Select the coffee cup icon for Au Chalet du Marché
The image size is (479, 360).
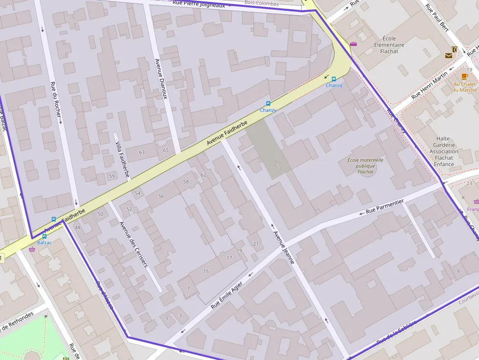(464, 77)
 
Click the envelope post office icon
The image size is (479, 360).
(449, 56)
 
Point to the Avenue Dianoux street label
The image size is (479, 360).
(161, 79)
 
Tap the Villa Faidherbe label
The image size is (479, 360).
(122, 156)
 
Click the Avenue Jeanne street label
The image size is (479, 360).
(284, 247)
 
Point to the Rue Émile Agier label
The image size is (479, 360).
(227, 296)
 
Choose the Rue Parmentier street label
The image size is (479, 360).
(385, 207)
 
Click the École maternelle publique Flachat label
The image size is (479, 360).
(366, 166)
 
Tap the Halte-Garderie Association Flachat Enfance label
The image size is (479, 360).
(444, 151)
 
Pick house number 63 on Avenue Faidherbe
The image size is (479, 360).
(142, 152)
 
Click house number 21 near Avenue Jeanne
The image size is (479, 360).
(256, 244)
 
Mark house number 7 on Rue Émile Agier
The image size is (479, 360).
(188, 289)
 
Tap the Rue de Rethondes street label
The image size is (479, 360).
(17, 320)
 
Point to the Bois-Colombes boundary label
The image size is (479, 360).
(261, 3)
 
